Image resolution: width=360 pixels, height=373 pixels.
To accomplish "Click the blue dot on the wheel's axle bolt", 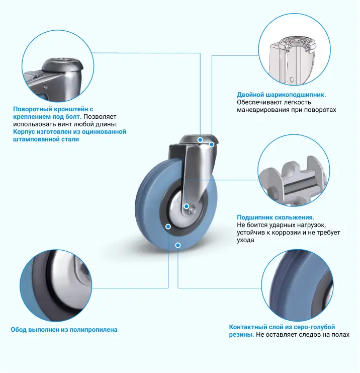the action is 187,206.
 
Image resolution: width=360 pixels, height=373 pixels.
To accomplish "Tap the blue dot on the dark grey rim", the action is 168,227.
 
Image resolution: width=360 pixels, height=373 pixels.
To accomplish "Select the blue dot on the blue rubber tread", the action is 178,245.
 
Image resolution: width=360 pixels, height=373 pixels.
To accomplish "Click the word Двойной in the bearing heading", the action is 250,95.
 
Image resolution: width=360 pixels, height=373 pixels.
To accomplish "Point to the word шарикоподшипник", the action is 295,95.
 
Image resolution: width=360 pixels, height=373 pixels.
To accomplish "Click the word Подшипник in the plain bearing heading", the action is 254,217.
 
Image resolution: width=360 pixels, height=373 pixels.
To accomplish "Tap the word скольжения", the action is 294,217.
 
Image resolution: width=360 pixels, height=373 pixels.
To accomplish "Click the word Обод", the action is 19,330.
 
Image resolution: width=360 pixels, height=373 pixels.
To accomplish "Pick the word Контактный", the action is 248,327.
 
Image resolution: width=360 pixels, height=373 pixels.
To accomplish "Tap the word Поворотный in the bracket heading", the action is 33,109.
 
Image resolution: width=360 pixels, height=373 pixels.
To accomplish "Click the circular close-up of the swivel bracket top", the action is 58,66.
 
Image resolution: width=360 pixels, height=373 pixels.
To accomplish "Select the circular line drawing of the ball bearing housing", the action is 295,49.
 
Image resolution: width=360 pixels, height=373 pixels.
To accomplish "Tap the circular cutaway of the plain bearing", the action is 294,171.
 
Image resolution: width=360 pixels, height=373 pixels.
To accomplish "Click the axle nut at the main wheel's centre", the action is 192,210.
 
